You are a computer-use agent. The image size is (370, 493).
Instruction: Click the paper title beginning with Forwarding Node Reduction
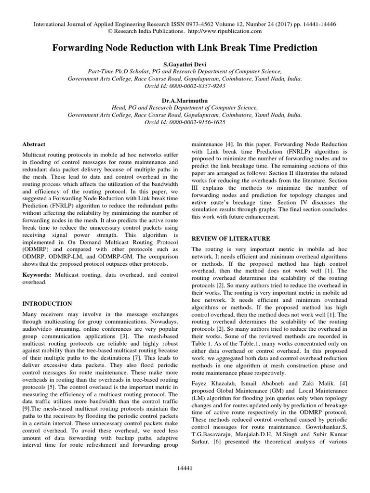point(185,48)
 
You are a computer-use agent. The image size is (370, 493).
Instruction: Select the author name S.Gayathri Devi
point(185,63)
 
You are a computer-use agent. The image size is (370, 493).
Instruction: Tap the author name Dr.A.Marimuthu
point(185,101)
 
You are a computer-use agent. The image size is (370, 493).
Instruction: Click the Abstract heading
point(34,144)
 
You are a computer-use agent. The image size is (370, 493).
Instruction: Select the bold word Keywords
point(38,274)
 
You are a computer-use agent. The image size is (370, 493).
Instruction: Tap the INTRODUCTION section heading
point(48,304)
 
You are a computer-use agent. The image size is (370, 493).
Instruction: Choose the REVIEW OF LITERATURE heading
point(231,238)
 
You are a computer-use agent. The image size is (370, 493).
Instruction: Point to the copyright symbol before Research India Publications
point(110,31)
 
